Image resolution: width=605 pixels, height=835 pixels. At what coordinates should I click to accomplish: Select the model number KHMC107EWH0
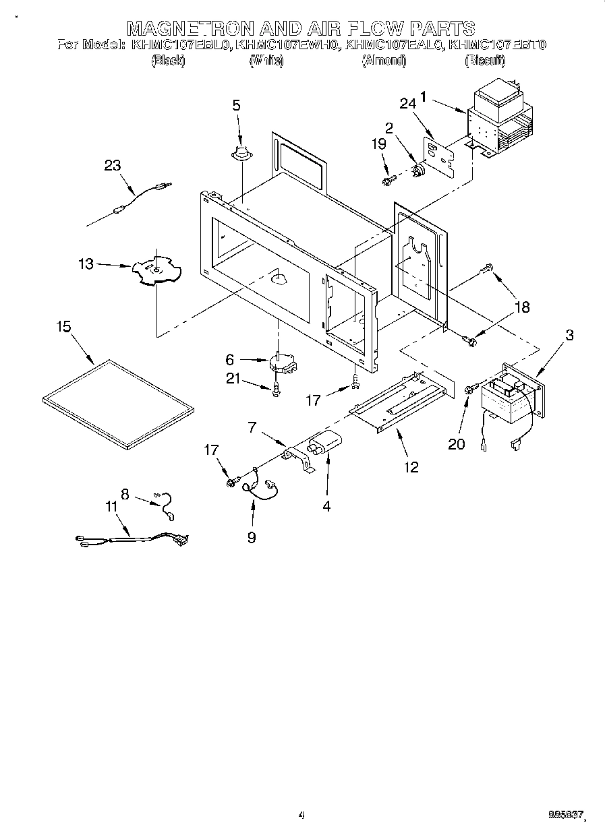[x=289, y=46]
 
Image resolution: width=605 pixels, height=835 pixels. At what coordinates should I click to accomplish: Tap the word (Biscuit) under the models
[x=485, y=61]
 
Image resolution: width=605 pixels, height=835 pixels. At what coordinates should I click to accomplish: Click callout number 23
[x=113, y=164]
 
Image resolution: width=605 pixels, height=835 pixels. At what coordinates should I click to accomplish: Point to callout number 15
[x=63, y=327]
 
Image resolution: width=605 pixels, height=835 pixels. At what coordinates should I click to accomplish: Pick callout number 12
[x=411, y=466]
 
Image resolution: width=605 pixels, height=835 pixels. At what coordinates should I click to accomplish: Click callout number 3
[x=569, y=334]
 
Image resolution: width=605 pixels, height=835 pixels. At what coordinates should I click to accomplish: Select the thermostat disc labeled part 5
[x=237, y=154]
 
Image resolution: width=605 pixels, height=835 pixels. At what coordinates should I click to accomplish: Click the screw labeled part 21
[x=276, y=389]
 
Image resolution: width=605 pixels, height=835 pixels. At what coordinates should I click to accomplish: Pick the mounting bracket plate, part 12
[x=398, y=405]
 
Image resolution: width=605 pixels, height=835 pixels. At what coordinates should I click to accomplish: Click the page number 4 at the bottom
[x=301, y=815]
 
